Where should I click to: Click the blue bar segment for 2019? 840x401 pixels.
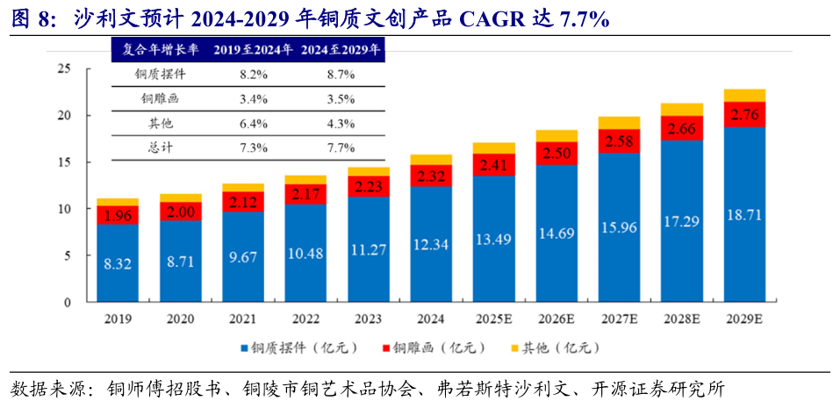pyautogui.click(x=118, y=263)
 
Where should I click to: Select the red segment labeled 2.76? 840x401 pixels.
pyautogui.click(x=744, y=115)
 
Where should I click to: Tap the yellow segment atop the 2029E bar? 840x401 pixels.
pyautogui.click(x=744, y=96)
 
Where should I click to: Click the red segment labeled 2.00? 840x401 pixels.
pyautogui.click(x=180, y=211)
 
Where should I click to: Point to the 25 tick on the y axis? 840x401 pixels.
pyautogui.click(x=63, y=69)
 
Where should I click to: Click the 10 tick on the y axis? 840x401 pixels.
pyautogui.click(x=63, y=209)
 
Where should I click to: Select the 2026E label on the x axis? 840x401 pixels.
pyautogui.click(x=556, y=319)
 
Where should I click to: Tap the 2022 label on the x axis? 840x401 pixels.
pyautogui.click(x=305, y=319)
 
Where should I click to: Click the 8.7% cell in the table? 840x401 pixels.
pyautogui.click(x=340, y=75)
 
